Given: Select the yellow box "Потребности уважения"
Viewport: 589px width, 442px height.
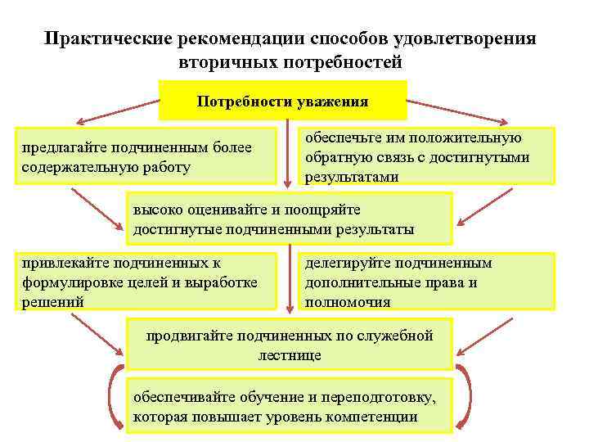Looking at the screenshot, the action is [282, 101].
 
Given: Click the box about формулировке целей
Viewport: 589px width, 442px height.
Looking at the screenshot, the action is [148, 282].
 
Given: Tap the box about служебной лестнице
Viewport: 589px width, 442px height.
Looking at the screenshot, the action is [288, 345].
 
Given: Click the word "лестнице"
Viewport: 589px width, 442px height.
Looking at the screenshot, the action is [289, 355].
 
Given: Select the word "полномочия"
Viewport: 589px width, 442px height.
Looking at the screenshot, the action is [347, 301].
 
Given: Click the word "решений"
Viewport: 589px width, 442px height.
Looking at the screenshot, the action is [52, 301].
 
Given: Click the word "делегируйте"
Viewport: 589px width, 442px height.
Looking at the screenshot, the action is [347, 263].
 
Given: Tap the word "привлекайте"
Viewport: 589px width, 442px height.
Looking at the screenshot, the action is [61, 263].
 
